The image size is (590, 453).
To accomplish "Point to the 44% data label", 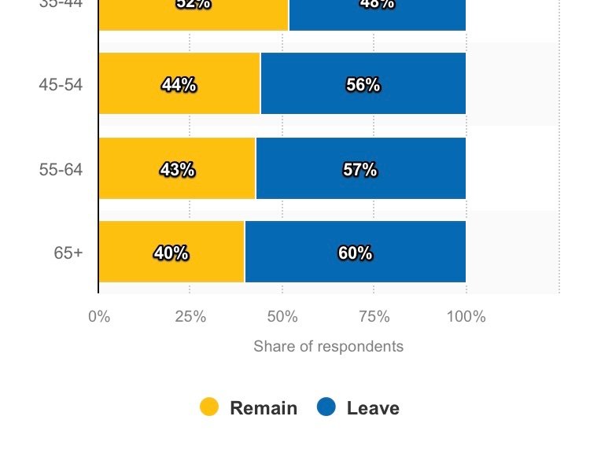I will coord(179,85).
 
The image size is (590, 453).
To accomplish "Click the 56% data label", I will coord(363,85).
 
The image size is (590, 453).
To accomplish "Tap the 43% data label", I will coord(176,169).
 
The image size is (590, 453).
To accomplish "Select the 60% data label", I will coord(355,253).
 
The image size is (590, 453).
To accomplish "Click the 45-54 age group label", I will coord(61,85).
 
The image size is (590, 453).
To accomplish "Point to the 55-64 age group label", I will coord(61,169).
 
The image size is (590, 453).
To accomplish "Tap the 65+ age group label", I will coord(68,253).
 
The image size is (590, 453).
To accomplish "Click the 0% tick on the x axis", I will coord(99,317).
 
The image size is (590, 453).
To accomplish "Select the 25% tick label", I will coord(190,317).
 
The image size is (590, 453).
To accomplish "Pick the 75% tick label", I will coord(374,317).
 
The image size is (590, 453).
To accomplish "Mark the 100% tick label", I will coord(466,317).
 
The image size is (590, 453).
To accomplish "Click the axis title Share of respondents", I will coord(328,347).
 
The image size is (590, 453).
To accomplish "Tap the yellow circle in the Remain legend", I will coord(208,407).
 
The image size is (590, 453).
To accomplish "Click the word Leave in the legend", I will coord(373,408).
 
